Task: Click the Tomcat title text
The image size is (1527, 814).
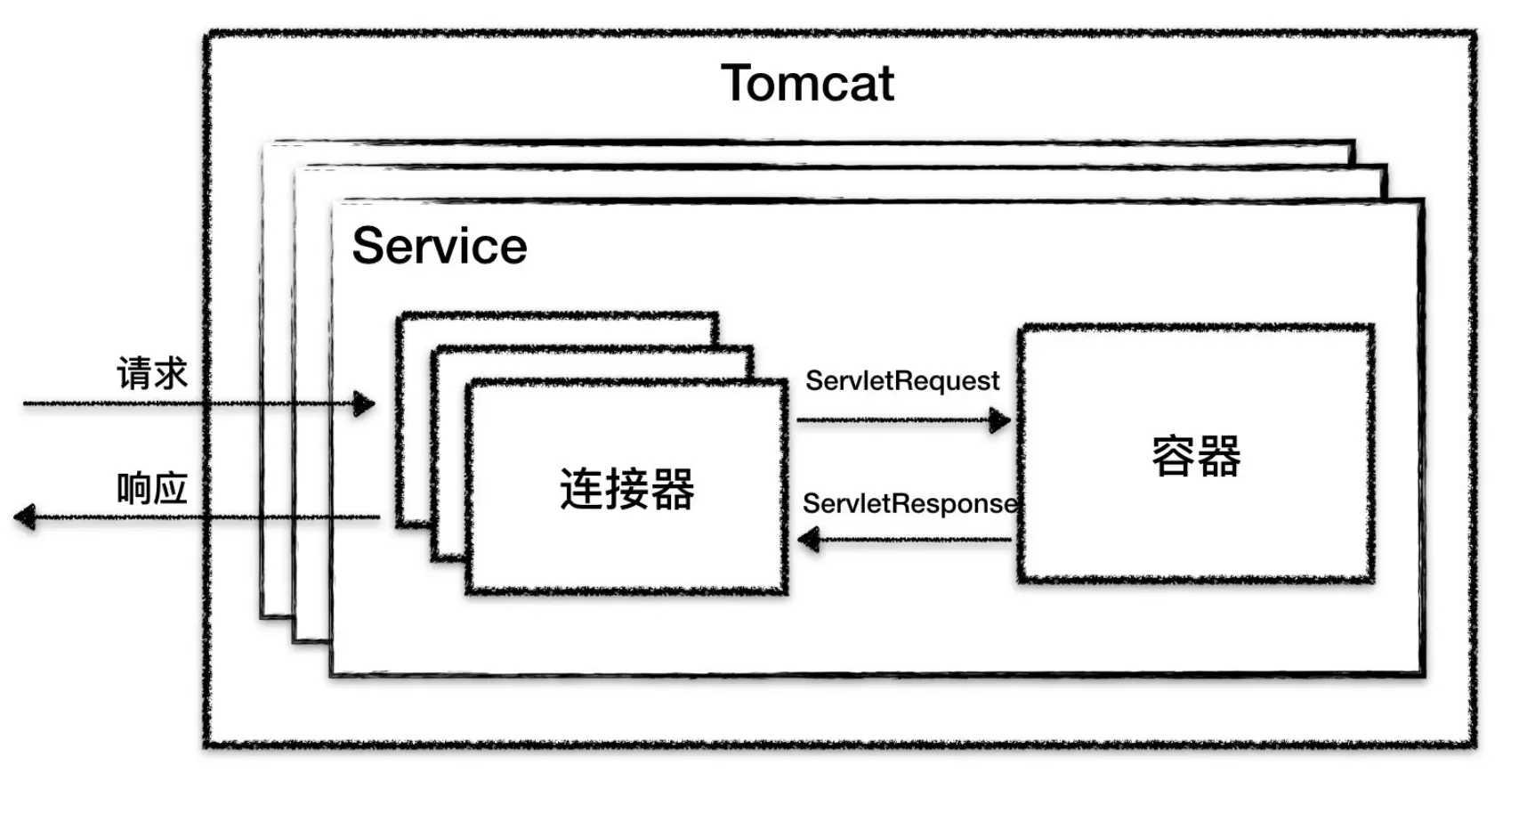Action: click(806, 84)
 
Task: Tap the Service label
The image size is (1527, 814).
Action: click(440, 247)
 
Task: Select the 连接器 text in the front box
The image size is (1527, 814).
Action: click(626, 489)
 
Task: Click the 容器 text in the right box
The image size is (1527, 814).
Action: click(1195, 457)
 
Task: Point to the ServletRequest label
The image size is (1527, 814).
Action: click(901, 381)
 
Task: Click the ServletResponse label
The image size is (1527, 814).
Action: click(909, 504)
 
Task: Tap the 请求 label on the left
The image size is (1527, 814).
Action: click(152, 373)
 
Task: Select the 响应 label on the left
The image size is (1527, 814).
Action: click(152, 489)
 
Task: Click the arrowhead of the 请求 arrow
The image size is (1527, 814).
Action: click(364, 404)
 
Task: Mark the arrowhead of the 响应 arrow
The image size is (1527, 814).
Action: click(25, 517)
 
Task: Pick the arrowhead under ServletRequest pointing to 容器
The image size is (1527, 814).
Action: click(1000, 420)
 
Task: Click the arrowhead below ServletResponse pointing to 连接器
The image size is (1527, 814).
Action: click(809, 540)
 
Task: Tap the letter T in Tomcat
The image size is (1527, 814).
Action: click(737, 84)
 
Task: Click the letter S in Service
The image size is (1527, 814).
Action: click(369, 247)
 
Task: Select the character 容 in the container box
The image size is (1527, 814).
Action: click(1173, 457)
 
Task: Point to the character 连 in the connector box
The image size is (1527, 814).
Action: click(582, 489)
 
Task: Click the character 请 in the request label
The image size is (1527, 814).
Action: click(134, 373)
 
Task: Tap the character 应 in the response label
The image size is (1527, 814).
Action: click(170, 489)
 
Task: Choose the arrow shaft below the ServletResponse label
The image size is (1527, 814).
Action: click(917, 540)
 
